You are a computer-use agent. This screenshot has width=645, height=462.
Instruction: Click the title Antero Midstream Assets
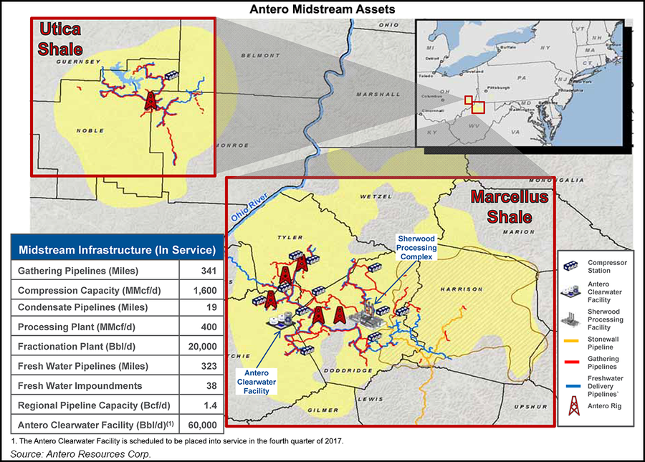322,10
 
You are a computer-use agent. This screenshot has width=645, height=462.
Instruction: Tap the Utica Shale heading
57,40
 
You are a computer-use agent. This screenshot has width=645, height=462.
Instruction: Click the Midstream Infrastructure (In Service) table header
117,250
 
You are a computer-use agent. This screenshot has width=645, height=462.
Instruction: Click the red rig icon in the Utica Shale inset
150,100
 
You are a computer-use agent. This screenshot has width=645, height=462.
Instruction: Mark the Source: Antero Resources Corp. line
76,453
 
